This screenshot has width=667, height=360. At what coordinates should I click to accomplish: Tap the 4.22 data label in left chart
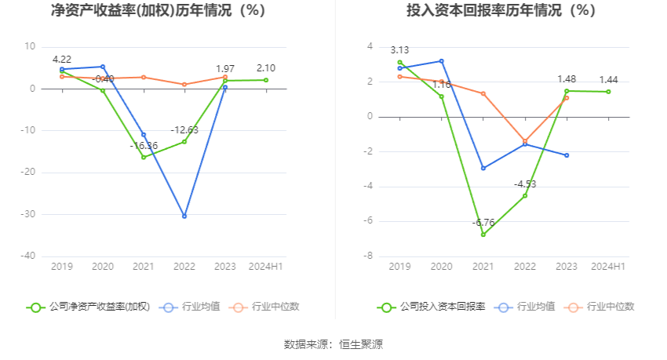[x=62, y=60]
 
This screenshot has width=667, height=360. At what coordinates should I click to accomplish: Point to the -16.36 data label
[x=144, y=146]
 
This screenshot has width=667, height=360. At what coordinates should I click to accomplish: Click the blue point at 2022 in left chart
[x=184, y=216]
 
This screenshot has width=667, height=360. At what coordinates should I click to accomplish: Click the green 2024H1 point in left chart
[x=266, y=80]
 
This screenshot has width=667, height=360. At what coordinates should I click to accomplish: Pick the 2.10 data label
[x=266, y=68]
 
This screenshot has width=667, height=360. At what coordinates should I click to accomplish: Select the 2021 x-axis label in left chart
[x=144, y=267]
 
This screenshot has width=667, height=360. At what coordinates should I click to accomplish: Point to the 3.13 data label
[x=400, y=50]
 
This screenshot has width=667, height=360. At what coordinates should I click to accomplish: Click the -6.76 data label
[x=483, y=223]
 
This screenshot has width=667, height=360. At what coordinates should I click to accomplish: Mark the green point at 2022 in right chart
[x=525, y=195]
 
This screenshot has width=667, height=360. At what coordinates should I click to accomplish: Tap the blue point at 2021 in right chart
[x=483, y=168]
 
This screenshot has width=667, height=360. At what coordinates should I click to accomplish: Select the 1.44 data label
[x=609, y=80]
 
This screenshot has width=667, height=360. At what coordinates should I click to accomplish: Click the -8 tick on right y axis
[x=367, y=256]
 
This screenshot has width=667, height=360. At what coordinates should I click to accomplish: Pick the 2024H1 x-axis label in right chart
[x=608, y=267]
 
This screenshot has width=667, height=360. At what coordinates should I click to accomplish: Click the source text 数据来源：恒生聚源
[x=333, y=344]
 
